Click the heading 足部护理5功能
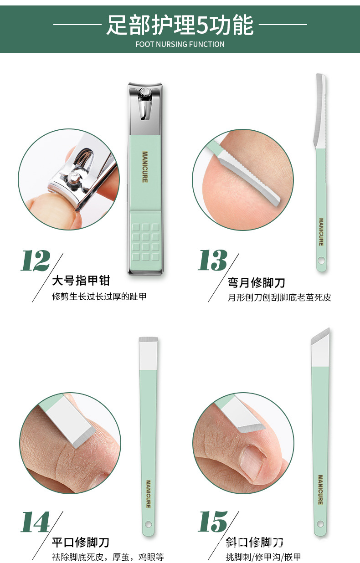pyautogui.click(x=180, y=25)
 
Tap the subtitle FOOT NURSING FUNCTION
pyautogui.click(x=180, y=44)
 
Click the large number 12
pyautogui.click(x=36, y=261)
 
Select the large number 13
pyautogui.click(x=212, y=261)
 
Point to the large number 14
pyautogui.click(x=36, y=522)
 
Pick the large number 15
pyautogui.click(x=213, y=522)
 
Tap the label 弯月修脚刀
pyautogui.click(x=257, y=283)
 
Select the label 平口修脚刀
pyautogui.click(x=80, y=543)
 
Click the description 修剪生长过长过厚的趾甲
pyautogui.click(x=99, y=297)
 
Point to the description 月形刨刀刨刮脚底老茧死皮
pyautogui.click(x=279, y=298)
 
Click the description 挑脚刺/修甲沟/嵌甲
pyautogui.click(x=263, y=557)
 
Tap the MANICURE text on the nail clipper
pyautogui.click(x=145, y=167)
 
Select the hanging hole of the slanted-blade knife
pyautogui.click(x=320, y=523)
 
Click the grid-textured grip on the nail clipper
pyautogui.click(x=145, y=242)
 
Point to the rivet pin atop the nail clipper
pyautogui.click(x=146, y=93)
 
